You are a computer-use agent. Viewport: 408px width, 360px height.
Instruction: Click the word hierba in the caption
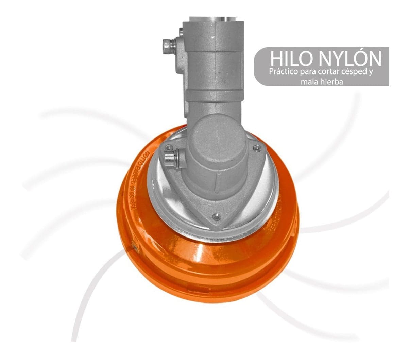[x=332, y=82]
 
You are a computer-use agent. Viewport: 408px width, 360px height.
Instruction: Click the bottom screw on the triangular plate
[x=215, y=216]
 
